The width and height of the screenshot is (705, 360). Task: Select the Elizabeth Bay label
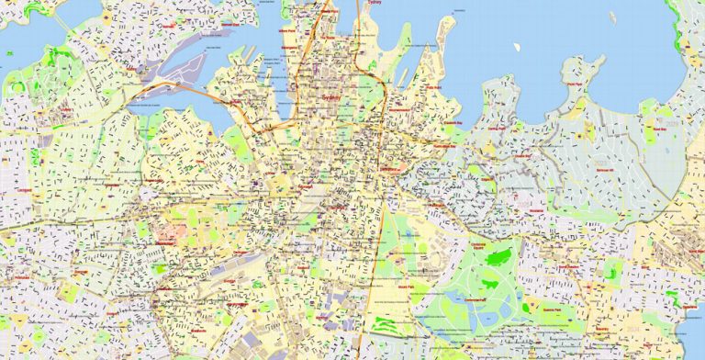[451, 121]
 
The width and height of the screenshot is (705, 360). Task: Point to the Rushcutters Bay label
[446, 145]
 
